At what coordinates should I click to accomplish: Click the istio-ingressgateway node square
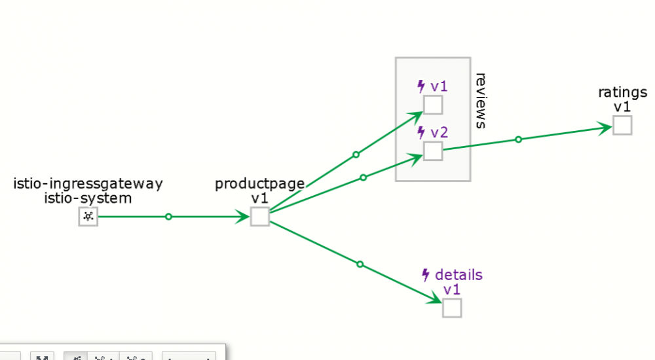tap(88, 217)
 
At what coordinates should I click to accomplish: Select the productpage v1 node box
tap(260, 217)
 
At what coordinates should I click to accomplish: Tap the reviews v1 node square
tap(433, 105)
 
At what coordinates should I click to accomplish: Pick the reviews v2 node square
tap(433, 151)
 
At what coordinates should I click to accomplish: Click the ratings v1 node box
tap(622, 125)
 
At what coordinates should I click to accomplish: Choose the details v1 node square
tap(452, 308)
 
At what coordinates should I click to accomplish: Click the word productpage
tap(260, 184)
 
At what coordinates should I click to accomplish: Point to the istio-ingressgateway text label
tap(88, 184)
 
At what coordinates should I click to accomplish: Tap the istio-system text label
tap(88, 198)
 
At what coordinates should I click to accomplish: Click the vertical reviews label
tap(481, 101)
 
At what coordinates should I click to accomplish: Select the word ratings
tap(622, 92)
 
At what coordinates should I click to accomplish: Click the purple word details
tap(458, 275)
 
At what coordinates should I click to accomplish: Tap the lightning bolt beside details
tap(426, 275)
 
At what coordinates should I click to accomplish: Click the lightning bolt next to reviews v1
tap(421, 86)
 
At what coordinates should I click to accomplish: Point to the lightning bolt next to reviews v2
tap(421, 132)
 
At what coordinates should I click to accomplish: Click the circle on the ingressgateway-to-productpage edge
tap(168, 217)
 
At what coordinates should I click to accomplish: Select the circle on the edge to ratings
tap(518, 139)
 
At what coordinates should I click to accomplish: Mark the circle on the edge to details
tap(360, 264)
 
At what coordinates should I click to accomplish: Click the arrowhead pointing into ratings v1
tap(605, 128)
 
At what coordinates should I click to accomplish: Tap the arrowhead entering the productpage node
tap(243, 217)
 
